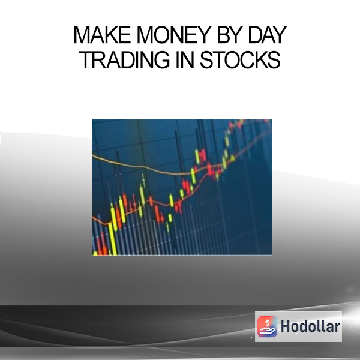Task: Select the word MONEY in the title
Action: (174, 35)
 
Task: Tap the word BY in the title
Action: (230, 35)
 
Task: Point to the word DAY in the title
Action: (268, 35)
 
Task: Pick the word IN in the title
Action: (185, 59)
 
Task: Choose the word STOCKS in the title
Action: (240, 59)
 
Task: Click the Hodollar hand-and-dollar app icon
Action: (267, 326)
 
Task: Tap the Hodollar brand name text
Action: (310, 326)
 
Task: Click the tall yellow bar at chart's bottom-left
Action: (112, 238)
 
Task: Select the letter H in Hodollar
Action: (286, 326)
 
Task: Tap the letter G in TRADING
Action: (162, 59)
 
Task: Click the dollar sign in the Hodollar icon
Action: (267, 323)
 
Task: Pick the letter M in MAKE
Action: (82, 35)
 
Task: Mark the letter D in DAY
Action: (256, 35)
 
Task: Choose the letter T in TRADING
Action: (86, 59)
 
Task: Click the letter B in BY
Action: (223, 35)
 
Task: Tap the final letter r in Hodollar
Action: (337, 328)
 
